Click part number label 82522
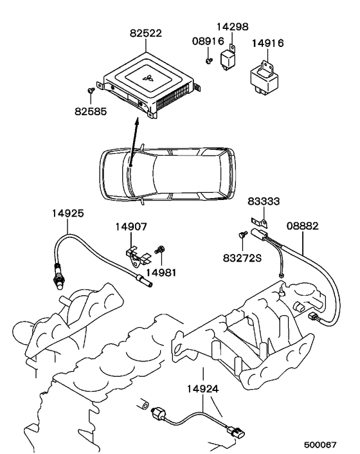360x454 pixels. [x=145, y=33]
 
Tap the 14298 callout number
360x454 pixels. [x=233, y=26]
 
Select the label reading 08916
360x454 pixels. [x=208, y=41]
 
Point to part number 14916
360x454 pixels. [x=267, y=43]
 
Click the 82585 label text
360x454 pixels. [x=91, y=111]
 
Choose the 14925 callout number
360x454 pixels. [x=68, y=213]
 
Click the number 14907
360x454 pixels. [x=131, y=227]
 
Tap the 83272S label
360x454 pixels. [x=242, y=258]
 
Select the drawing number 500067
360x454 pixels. [x=320, y=444]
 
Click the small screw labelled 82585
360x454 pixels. [x=91, y=90]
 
